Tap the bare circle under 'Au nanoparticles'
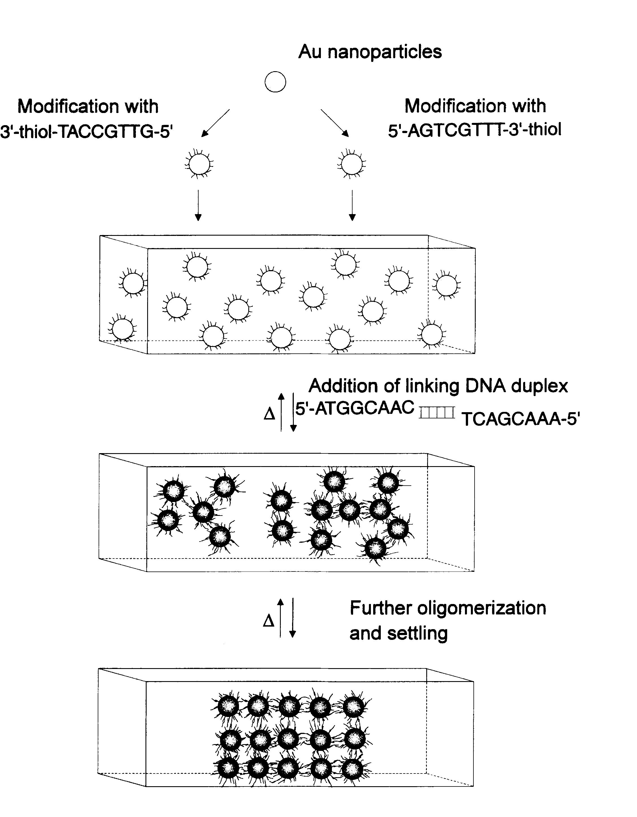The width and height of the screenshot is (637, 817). [275, 82]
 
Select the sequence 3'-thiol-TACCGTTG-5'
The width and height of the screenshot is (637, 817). [86, 132]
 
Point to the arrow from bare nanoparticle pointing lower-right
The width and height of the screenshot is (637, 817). [335, 123]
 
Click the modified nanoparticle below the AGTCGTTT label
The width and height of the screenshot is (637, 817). [352, 164]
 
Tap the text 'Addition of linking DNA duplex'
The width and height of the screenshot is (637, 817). [438, 386]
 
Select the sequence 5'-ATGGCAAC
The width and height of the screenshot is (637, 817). [355, 408]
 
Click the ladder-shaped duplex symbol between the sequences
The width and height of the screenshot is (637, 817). [437, 413]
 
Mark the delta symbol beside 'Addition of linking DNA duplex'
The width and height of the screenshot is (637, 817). [269, 414]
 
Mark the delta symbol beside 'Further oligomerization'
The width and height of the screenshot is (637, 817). [269, 621]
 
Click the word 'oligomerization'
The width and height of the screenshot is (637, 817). [481, 608]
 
